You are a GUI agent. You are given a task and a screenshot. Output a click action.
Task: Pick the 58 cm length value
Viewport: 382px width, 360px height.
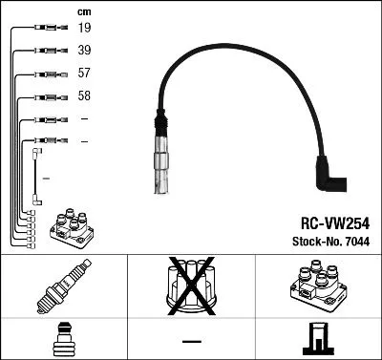click(x=86, y=96)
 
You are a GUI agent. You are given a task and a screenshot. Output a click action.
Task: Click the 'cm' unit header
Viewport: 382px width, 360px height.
click(x=84, y=11)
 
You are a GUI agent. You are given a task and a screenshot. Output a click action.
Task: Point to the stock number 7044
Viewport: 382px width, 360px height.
click(x=357, y=241)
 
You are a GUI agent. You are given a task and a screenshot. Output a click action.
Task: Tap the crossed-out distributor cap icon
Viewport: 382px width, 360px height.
click(x=191, y=286)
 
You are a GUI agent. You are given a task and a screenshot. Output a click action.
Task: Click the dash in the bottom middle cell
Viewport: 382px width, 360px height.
click(x=191, y=340)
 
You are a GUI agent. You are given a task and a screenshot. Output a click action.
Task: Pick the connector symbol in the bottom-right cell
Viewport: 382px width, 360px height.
click(x=318, y=338)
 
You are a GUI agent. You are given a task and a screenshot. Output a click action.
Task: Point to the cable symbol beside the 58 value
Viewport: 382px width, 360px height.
click(x=49, y=96)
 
